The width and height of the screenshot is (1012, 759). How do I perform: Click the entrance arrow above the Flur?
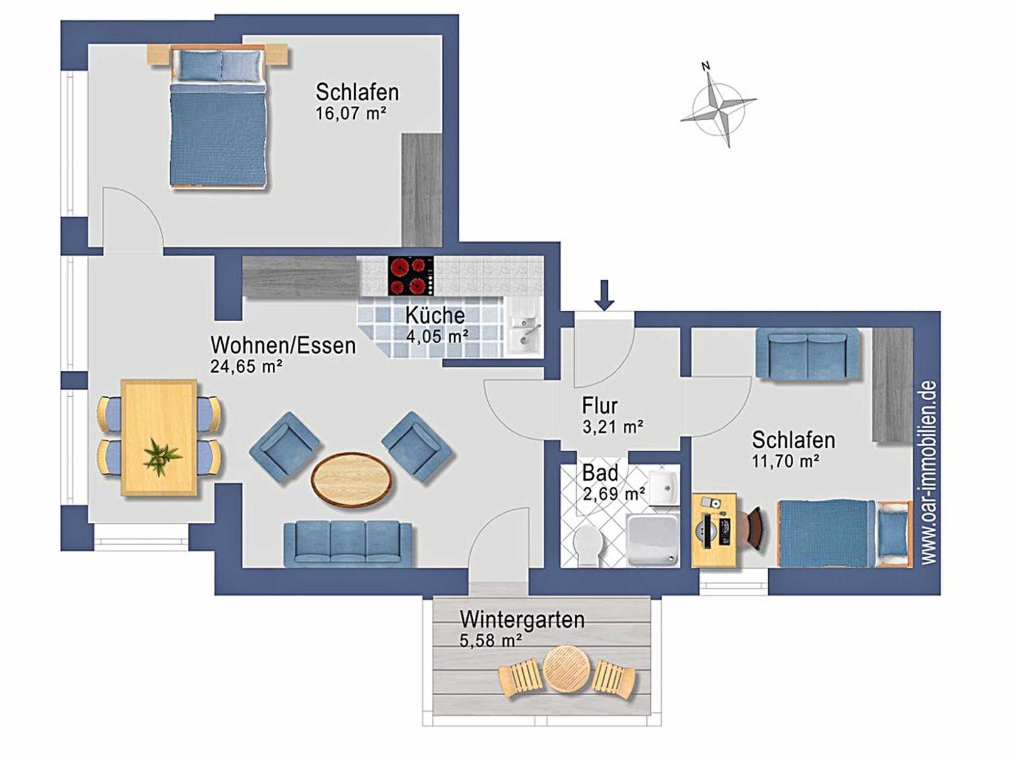(604, 295)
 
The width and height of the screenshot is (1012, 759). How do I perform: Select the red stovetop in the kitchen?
(411, 276)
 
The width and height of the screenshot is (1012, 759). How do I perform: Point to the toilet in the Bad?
(589, 545)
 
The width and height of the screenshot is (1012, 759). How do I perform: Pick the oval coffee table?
(351, 479)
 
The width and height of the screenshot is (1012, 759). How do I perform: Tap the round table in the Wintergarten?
(564, 668)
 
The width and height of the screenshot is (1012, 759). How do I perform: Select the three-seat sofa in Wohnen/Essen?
(348, 543)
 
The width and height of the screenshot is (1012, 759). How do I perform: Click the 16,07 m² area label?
(351, 113)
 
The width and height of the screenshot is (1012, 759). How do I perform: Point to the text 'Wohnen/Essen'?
(283, 345)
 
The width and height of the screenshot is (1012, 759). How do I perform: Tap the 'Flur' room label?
(600, 406)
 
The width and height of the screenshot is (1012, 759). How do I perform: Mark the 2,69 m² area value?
(614, 493)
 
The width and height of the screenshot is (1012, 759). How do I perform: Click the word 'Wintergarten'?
(522, 619)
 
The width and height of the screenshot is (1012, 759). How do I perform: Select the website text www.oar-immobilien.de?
(929, 472)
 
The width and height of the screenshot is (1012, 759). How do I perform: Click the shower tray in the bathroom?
(652, 540)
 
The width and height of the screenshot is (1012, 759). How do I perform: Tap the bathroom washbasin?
(664, 488)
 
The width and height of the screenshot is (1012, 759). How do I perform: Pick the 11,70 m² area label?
(786, 461)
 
